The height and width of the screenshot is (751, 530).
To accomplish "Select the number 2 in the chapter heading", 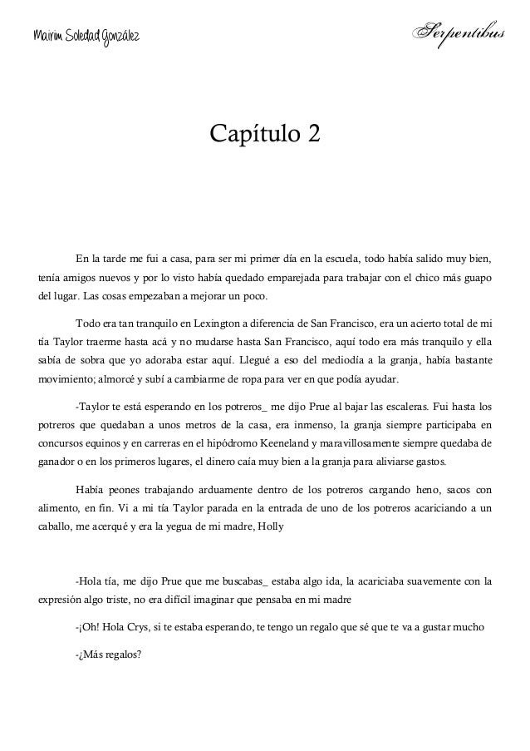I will pyautogui.click(x=311, y=132).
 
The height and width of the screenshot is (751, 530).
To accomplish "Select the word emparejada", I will pyautogui.click(x=299, y=275).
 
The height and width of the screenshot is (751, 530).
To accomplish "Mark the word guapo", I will pyautogui.click(x=478, y=275).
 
